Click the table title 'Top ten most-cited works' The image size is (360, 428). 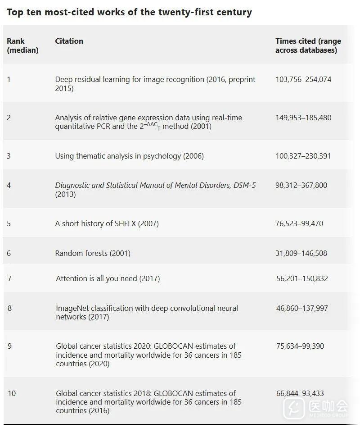[x=129, y=12]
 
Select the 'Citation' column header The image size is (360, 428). [x=69, y=41]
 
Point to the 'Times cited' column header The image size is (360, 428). [x=308, y=46]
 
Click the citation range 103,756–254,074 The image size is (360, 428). [x=303, y=79]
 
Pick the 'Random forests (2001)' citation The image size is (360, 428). [x=93, y=253]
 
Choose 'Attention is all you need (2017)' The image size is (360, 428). [x=108, y=278]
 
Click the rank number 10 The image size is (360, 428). [x=12, y=393]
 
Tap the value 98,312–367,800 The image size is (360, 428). [x=301, y=185]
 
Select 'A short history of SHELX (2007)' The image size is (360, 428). [x=107, y=223]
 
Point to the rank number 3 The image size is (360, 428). [x=9, y=156]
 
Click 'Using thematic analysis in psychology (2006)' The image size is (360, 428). [x=129, y=156]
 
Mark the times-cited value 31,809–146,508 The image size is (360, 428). [x=301, y=253]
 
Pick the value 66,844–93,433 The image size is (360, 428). [x=300, y=393]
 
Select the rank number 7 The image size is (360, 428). [x=9, y=278]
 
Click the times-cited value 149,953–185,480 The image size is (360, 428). [x=303, y=118]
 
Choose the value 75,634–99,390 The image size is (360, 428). [x=300, y=346]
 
